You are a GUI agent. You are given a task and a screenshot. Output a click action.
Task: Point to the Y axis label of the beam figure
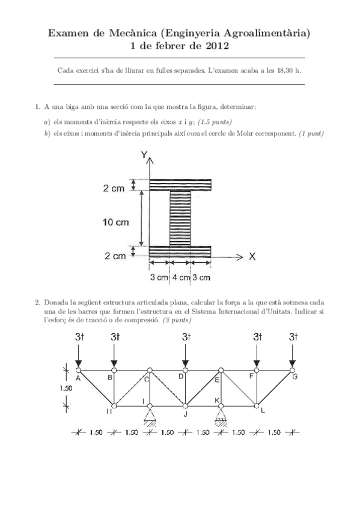point(144,155)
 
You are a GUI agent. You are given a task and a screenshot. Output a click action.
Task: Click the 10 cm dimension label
point(115,223)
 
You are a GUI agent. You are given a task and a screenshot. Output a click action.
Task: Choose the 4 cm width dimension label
point(180,277)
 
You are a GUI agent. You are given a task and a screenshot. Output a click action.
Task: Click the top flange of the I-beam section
point(180,185)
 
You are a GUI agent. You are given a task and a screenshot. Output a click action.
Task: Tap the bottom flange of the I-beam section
point(180,251)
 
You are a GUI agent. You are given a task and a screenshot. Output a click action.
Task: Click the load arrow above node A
point(78,357)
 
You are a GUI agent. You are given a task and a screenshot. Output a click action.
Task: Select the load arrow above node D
point(186,357)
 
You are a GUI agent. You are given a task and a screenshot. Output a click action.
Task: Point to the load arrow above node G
point(293,357)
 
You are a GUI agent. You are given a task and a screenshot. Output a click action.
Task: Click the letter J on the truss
point(186,414)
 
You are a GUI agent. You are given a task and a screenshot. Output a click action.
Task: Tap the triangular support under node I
point(150,415)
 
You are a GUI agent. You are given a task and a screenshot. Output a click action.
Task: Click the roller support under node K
point(221,416)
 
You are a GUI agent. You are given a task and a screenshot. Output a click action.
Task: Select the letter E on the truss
point(217,379)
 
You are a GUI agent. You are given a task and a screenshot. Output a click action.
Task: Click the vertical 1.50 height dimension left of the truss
point(67,388)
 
